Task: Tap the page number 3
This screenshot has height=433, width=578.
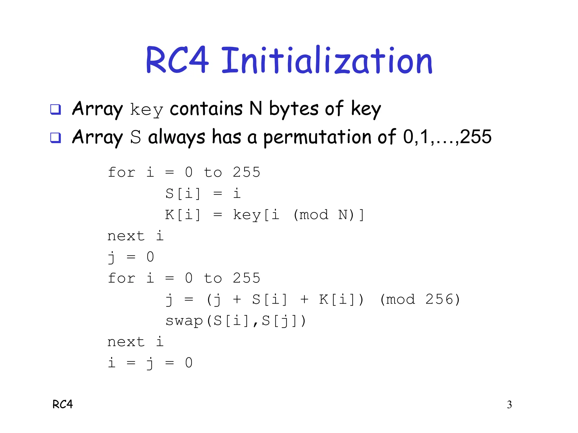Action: coord(509,405)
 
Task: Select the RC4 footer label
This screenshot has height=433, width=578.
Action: coord(63,404)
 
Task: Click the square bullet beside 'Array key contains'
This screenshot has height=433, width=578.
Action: coord(55,109)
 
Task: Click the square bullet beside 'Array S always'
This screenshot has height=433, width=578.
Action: coord(55,138)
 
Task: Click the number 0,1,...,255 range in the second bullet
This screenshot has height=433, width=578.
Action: coord(447,137)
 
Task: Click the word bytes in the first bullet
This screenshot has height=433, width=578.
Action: coord(294,109)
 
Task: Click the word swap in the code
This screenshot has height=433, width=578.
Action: coord(184,321)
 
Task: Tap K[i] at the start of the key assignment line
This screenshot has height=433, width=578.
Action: coord(183,215)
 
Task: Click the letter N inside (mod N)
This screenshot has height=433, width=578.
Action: coord(343,215)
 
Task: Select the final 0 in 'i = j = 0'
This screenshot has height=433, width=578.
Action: coord(189,363)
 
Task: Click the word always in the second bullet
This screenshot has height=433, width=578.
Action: coord(177,138)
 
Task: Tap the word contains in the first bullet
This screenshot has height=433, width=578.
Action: coord(206,109)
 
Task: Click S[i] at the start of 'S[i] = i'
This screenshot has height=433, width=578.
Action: coord(183,194)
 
